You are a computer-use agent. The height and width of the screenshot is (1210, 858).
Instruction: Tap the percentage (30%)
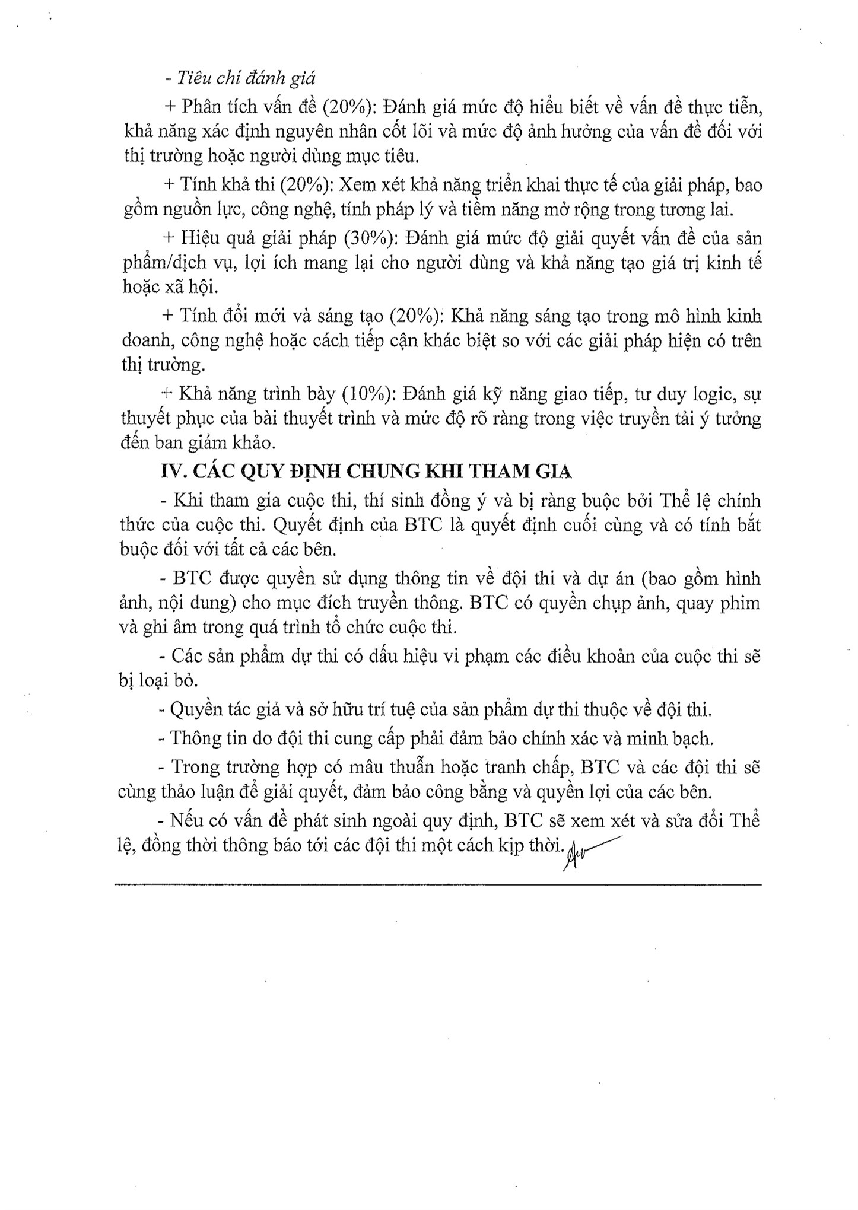click(368, 239)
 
